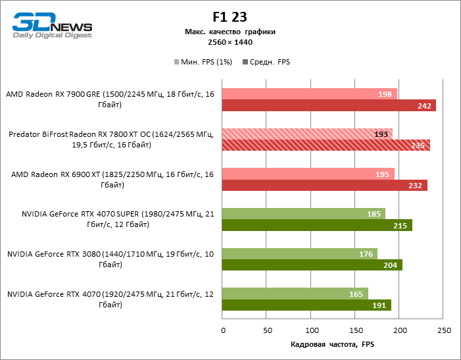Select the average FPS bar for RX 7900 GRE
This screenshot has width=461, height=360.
329,105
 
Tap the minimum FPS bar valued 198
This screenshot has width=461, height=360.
310,94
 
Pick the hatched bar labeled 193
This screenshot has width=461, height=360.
307,134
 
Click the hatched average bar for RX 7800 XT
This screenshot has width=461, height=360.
326,145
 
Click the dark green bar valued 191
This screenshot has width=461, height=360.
306,305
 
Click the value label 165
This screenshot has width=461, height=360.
356,294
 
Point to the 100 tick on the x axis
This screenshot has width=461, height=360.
311,330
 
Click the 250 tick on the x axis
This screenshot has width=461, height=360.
445,330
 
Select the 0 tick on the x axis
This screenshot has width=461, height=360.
223,330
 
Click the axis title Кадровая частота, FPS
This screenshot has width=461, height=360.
332,344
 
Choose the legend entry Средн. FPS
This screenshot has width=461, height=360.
267,62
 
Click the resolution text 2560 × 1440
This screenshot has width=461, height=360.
230,42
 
